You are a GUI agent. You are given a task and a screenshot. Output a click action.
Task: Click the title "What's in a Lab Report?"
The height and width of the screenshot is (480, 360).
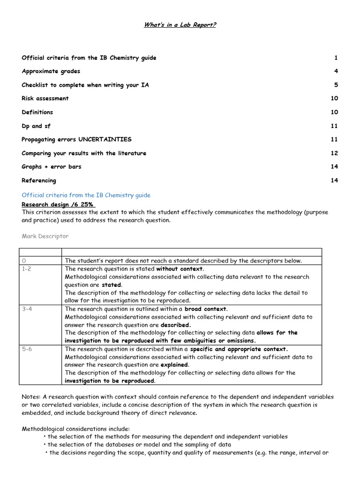coord(180,25)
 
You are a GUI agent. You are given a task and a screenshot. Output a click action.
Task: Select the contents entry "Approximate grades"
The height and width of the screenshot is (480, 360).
coord(51,71)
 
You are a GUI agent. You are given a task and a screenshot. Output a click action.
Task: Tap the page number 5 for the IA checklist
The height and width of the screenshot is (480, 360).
coord(336,85)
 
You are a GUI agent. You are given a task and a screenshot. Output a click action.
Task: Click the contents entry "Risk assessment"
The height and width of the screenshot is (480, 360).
coord(45,98)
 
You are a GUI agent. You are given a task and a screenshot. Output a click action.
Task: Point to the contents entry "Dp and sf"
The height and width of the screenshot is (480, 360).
coord(36,126)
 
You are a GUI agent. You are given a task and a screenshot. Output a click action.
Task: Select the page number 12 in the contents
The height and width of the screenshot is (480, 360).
coord(334,153)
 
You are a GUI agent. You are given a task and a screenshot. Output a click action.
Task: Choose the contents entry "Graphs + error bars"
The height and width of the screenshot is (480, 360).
coord(51,166)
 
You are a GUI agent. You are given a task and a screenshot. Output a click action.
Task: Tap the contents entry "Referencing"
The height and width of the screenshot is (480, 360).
coord(38,180)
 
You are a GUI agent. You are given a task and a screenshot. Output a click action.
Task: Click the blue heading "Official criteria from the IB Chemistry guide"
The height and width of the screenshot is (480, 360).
coord(86,195)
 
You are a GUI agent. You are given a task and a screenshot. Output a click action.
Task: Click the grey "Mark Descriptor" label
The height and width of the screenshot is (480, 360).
coord(45,236)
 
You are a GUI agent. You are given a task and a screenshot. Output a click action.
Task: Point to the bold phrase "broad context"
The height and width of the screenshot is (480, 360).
coord(205,309)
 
